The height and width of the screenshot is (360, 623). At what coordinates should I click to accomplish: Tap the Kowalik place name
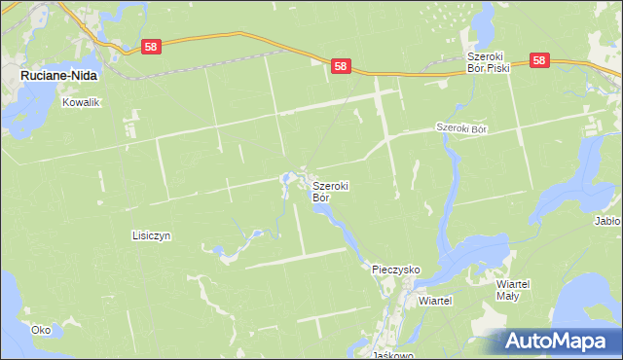pyautogui.click(x=81, y=101)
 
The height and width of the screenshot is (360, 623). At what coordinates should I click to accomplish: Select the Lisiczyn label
pyautogui.click(x=152, y=235)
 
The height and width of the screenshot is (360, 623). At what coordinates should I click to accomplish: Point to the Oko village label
pyautogui.click(x=41, y=330)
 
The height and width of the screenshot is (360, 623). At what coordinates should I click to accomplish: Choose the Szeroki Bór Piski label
pyautogui.click(x=488, y=60)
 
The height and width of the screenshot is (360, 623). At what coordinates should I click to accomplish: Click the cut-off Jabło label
pyautogui.click(x=607, y=221)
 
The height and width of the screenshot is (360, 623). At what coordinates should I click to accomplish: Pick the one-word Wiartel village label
pyautogui.click(x=436, y=301)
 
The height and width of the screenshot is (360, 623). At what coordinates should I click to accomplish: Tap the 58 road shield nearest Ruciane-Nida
pyautogui.click(x=150, y=46)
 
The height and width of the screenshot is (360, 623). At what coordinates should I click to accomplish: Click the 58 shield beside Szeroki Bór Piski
pyautogui.click(x=541, y=60)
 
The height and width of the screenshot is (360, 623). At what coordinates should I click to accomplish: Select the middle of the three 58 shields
pyautogui.click(x=340, y=66)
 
